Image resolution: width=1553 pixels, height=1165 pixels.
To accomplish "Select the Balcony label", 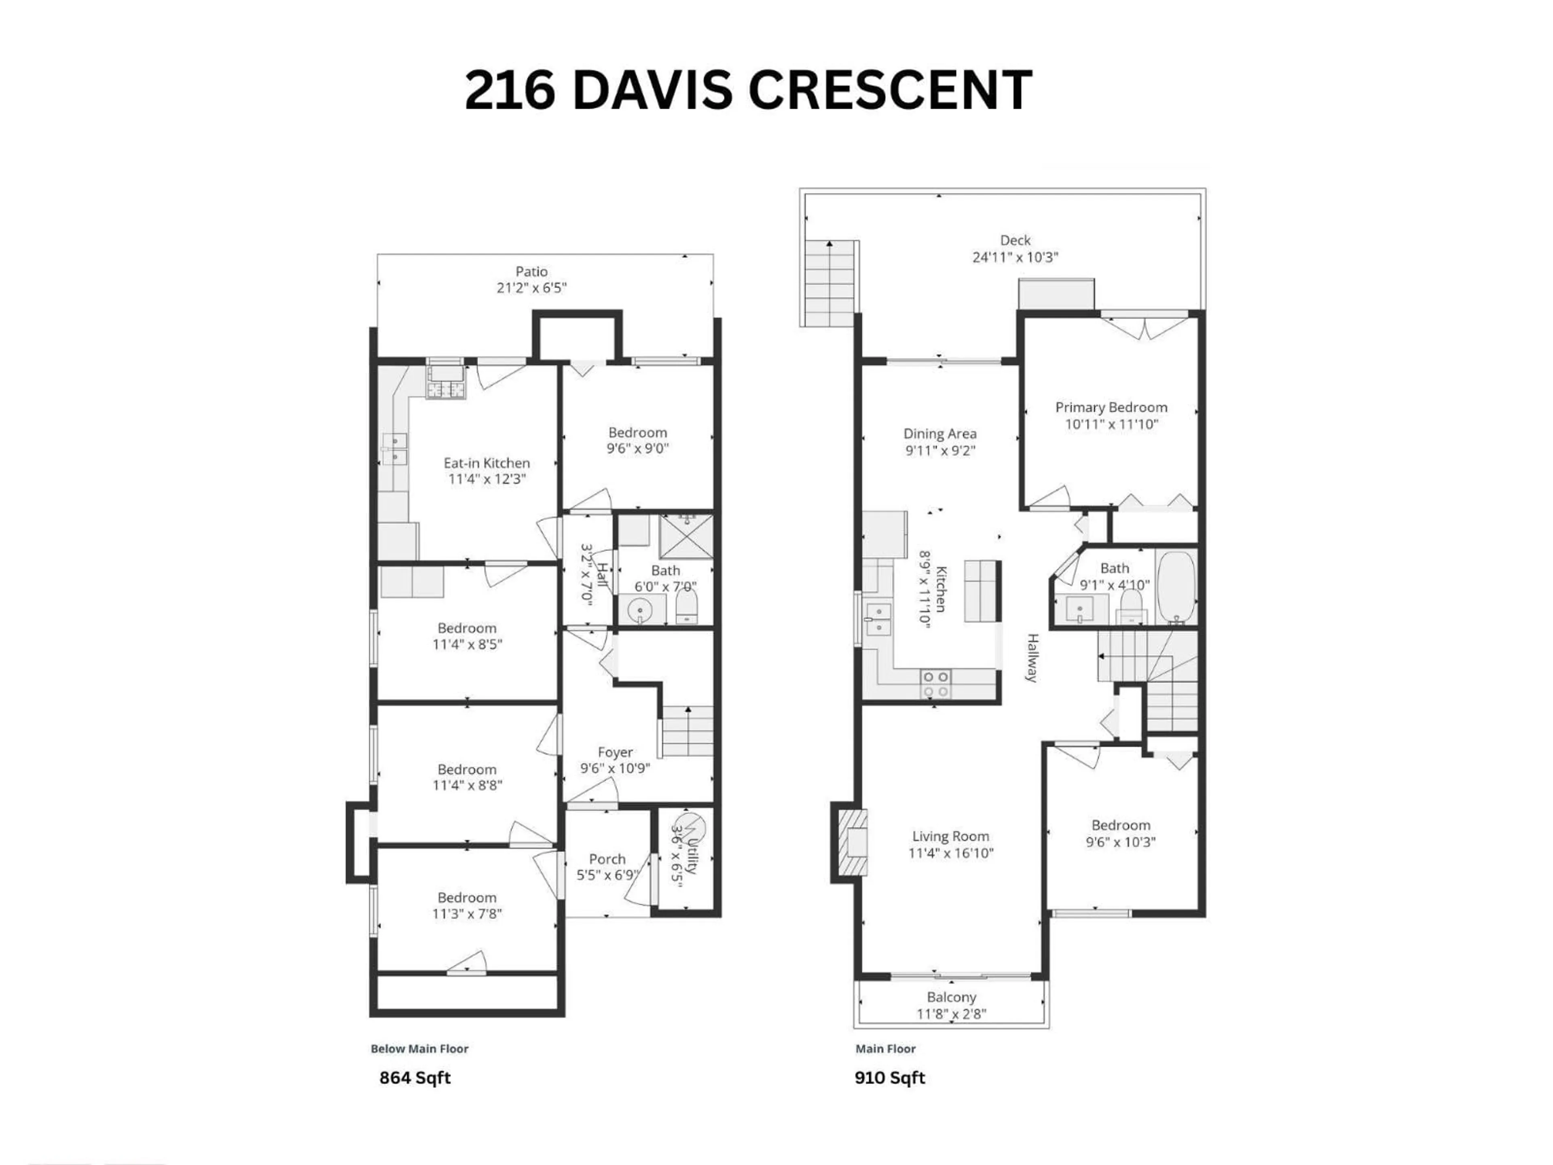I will coord(951,997).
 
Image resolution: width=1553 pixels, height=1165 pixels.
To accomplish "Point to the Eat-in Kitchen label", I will coord(487,463).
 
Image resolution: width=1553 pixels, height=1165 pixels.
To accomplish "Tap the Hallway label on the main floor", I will coord(1032,658).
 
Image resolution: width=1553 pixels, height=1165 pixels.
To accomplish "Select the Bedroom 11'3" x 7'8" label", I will coord(467,898).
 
